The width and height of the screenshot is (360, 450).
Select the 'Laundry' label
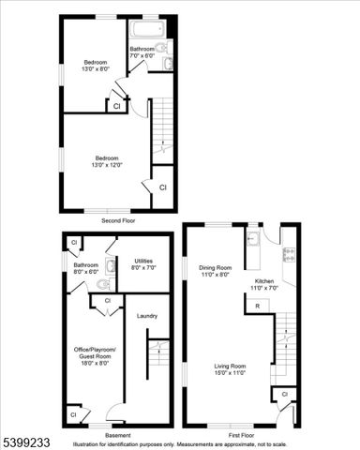(x=146, y=316)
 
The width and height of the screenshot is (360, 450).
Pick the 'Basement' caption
(x=118, y=435)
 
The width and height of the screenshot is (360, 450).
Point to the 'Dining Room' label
(x=214, y=267)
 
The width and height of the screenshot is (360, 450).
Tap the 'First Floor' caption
(x=242, y=435)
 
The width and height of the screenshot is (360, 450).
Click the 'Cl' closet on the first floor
(x=283, y=395)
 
